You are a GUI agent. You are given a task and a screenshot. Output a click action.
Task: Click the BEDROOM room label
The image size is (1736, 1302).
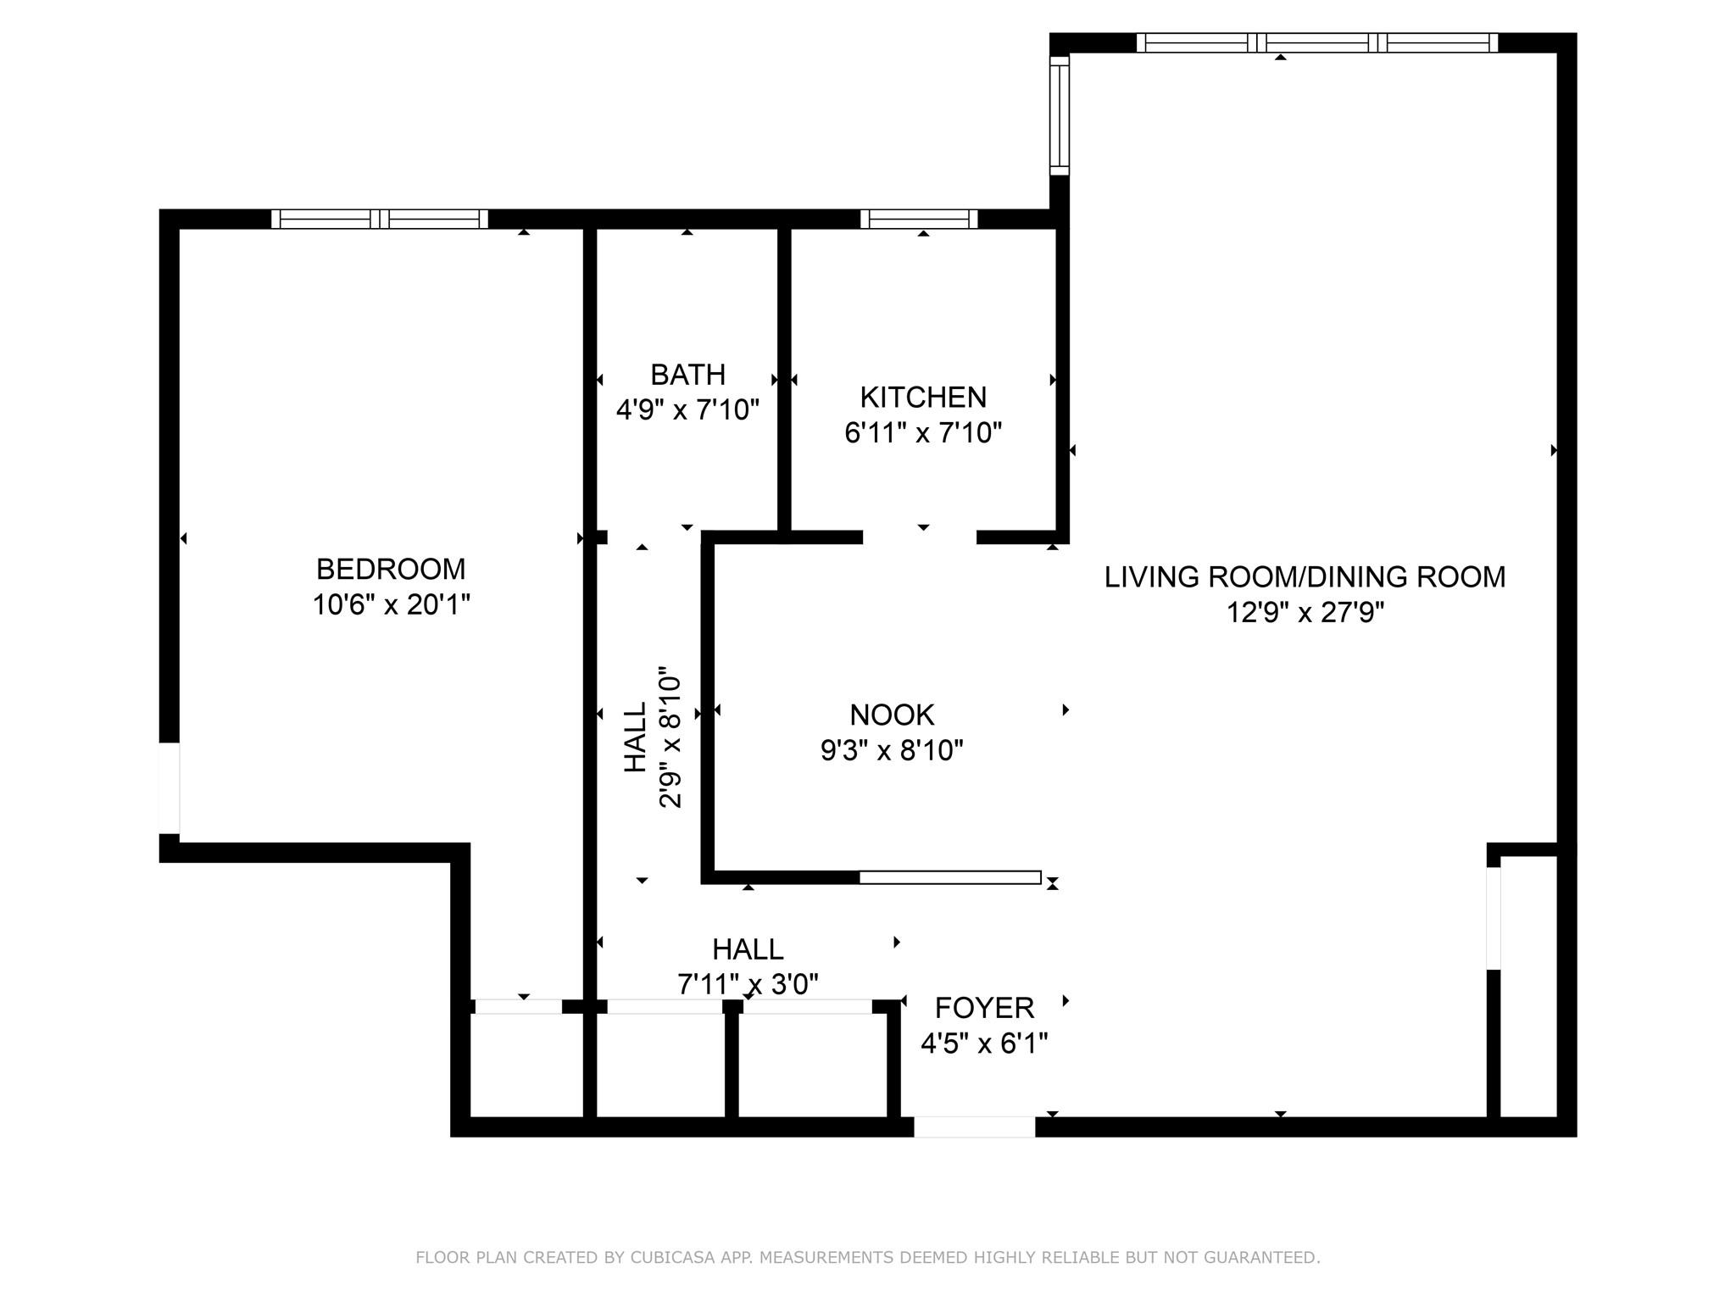pyautogui.click(x=391, y=568)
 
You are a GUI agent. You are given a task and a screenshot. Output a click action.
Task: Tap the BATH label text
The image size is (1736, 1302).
pyautogui.click(x=687, y=374)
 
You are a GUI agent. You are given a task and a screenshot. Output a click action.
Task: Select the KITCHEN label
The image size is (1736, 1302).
pyautogui.click(x=923, y=397)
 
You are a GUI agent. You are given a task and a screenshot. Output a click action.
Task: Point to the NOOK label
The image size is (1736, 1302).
pyautogui.click(x=892, y=715)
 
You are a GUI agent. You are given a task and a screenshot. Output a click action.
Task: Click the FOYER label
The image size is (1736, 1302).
pyautogui.click(x=984, y=1008)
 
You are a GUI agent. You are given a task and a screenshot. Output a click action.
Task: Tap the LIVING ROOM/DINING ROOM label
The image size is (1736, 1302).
pyautogui.click(x=1305, y=576)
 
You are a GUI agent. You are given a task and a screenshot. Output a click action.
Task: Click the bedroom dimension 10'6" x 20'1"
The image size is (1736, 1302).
pyautogui.click(x=391, y=604)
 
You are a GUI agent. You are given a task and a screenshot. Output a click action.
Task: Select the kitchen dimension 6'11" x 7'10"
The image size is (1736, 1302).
pyautogui.click(x=923, y=433)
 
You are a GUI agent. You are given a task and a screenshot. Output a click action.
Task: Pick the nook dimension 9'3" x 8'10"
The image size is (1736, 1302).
pyautogui.click(x=892, y=750)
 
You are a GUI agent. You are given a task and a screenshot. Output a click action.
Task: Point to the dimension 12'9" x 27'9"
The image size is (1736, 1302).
pyautogui.click(x=1305, y=612)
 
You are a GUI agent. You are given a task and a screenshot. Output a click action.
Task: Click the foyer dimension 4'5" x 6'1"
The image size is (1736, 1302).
pyautogui.click(x=984, y=1043)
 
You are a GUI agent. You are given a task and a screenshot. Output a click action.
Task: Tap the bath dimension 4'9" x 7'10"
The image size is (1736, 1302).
pyautogui.click(x=687, y=410)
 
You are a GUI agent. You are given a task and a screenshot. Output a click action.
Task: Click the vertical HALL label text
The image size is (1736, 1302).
pyautogui.click(x=635, y=737)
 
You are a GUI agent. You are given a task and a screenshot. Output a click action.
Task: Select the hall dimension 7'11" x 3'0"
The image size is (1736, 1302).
pyautogui.click(x=748, y=984)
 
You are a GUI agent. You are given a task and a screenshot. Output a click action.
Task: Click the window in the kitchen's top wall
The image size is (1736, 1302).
pyautogui.click(x=919, y=219)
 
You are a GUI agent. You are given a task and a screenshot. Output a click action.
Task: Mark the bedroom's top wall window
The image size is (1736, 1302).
pyautogui.click(x=380, y=219)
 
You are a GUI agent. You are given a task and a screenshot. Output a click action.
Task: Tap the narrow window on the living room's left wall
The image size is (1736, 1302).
pyautogui.click(x=1060, y=115)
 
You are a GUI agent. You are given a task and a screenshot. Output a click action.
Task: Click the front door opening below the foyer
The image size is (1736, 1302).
pyautogui.click(x=975, y=1127)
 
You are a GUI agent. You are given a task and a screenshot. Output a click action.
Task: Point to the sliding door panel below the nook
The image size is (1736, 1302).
pyautogui.click(x=950, y=877)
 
